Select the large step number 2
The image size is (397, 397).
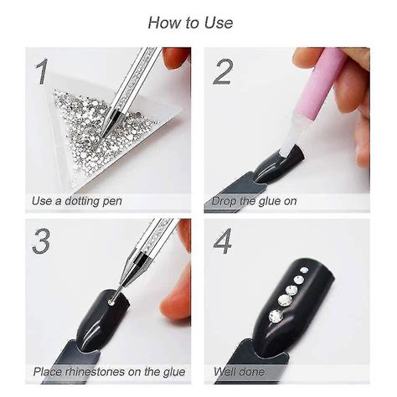[222, 72]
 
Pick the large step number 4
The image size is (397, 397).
[223, 241]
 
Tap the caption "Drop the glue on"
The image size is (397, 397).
[254, 201]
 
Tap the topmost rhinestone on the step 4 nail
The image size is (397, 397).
[304, 270]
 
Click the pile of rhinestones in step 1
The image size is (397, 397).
[92, 126]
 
